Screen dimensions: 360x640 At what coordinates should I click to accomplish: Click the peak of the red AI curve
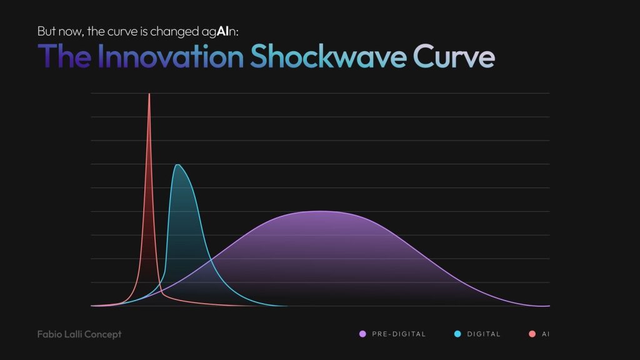tap(149, 94)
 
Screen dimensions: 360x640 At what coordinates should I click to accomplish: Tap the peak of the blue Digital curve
tap(178, 164)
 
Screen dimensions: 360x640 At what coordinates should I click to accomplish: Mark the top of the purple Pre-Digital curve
tap(320, 211)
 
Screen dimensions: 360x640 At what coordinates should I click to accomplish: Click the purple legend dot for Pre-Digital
tap(362, 334)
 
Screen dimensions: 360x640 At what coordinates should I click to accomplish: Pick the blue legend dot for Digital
tap(457, 334)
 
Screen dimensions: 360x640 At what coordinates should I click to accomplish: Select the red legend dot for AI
tap(532, 334)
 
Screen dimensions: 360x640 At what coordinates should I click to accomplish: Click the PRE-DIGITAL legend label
tap(399, 334)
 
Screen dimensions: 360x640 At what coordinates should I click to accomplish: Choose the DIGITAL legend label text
tap(484, 334)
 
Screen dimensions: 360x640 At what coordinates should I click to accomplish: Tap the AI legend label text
tap(546, 334)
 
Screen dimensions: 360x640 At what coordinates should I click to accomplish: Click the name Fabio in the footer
tap(49, 334)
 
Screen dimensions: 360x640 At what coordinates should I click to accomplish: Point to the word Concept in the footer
tap(104, 334)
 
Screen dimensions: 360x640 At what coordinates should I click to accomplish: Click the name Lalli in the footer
tap(74, 334)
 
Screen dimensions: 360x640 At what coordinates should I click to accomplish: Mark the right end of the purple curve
tap(548, 306)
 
